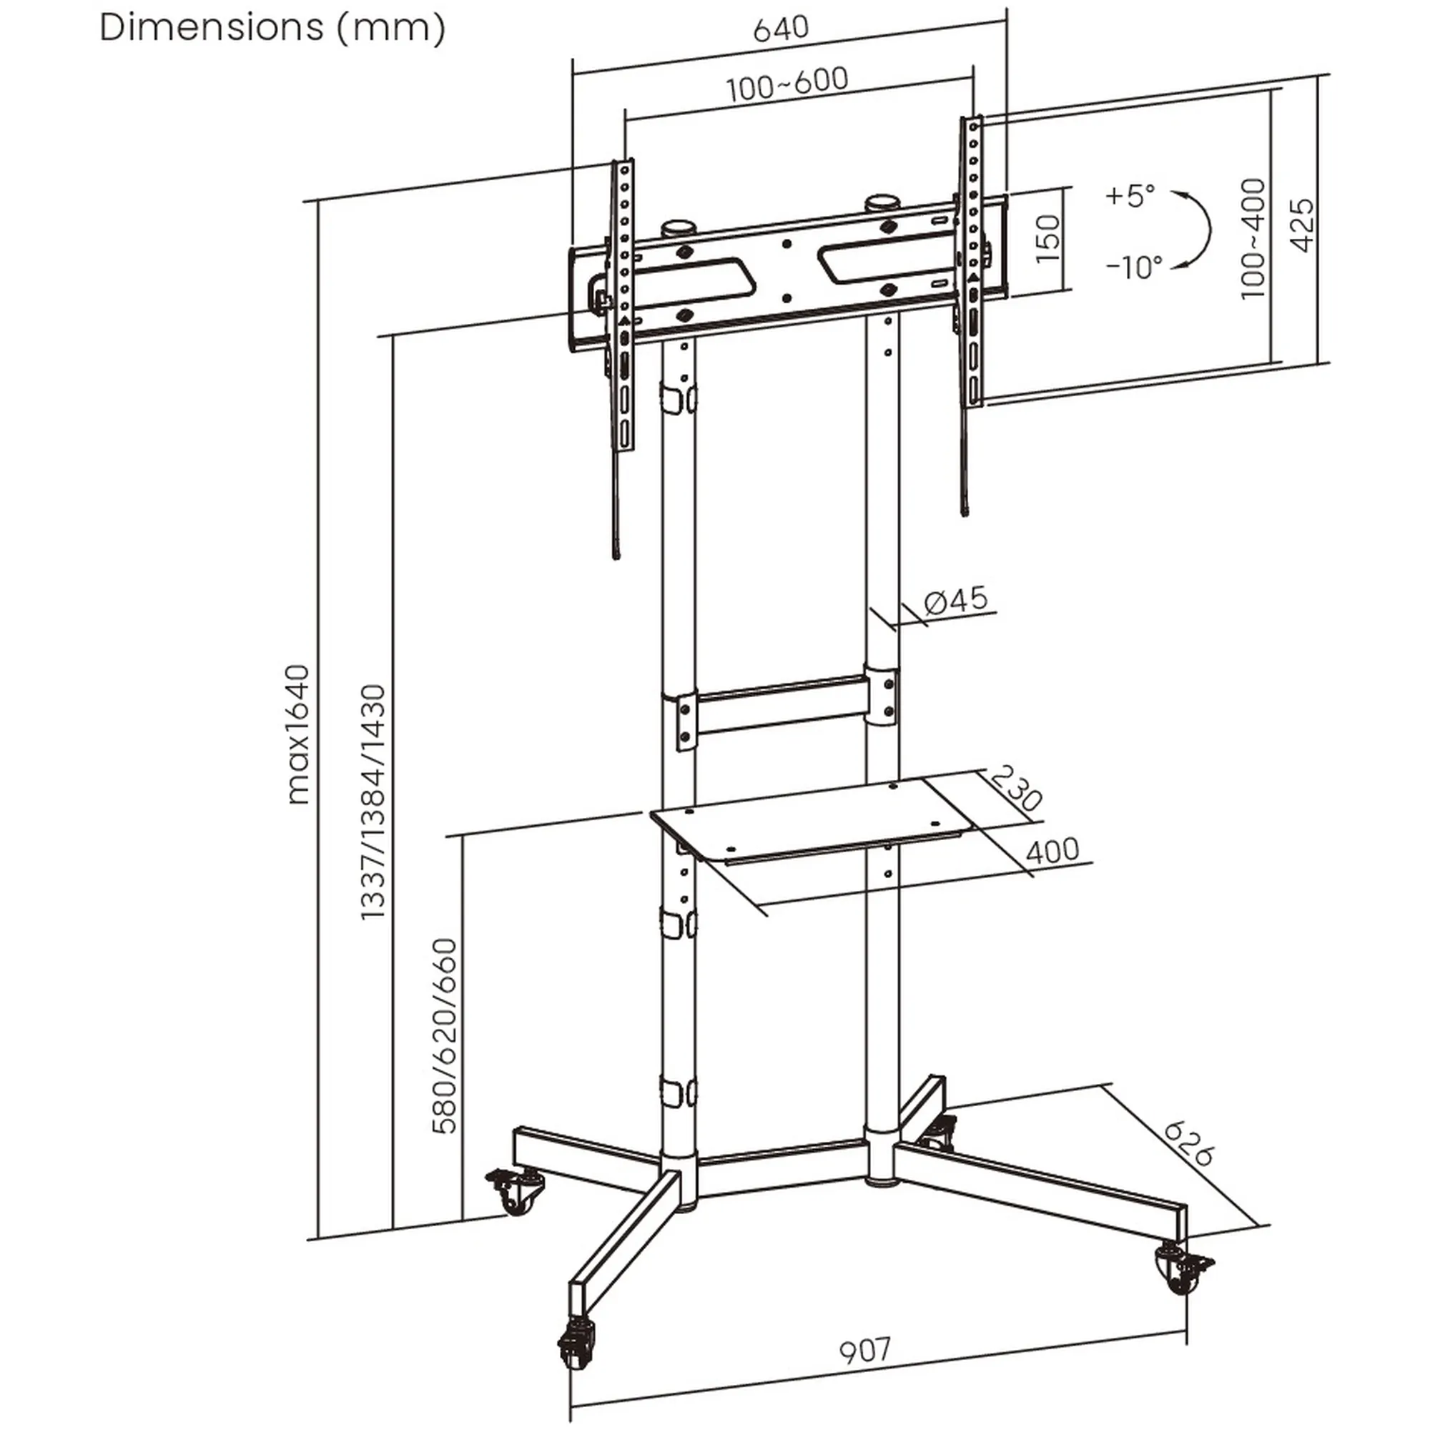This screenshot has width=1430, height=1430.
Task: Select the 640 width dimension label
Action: (x=781, y=29)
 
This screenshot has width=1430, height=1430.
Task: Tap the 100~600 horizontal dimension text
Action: (x=786, y=84)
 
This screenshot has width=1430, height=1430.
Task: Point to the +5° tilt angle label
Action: (x=1130, y=196)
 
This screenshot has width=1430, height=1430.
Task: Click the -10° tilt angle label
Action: (x=1134, y=267)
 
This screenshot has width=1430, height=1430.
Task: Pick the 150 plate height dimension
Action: (x=1047, y=239)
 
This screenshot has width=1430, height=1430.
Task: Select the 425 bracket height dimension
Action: (x=1303, y=225)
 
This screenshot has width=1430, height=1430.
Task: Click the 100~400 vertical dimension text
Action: (x=1253, y=239)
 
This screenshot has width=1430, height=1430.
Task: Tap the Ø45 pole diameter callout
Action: (x=955, y=601)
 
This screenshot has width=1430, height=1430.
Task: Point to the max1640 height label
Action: (x=298, y=734)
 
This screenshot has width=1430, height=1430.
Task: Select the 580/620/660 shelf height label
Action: (x=445, y=1036)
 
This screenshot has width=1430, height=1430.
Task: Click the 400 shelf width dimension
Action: (x=1052, y=850)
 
